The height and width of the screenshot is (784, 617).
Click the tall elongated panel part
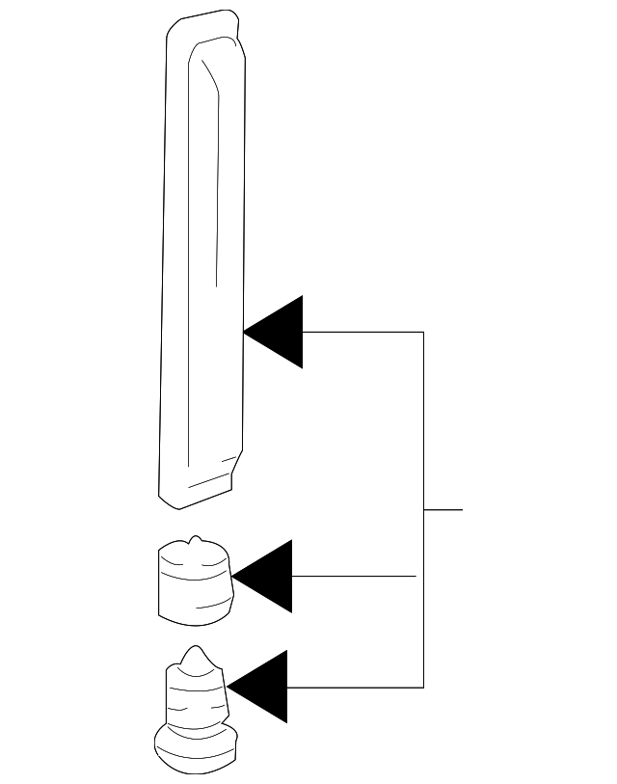pos(202,260)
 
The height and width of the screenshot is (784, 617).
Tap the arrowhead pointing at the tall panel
pos(280,332)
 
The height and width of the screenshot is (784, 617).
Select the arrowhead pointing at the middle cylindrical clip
pos(268,577)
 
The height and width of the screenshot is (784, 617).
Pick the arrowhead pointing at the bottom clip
pos(263,687)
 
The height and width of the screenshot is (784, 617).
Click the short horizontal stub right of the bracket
pos(443,508)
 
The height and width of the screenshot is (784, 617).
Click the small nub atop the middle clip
pos(196,540)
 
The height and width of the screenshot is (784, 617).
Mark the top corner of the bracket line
pos(424,332)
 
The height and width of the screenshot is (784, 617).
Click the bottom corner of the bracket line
pos(424,687)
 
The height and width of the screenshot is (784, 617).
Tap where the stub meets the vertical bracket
pos(424,508)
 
